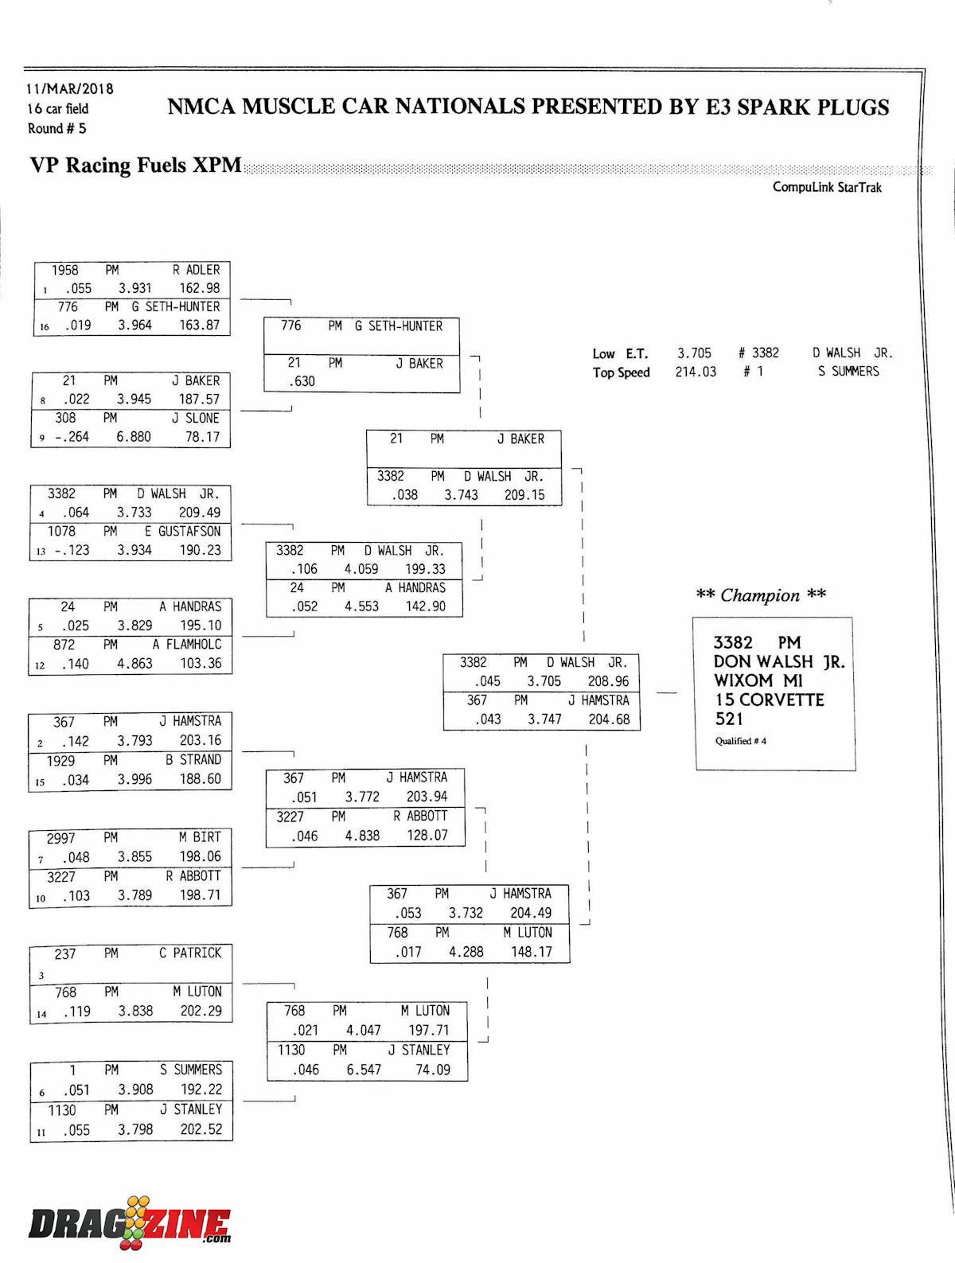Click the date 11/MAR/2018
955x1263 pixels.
[x=70, y=89]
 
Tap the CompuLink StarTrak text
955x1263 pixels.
[x=827, y=187]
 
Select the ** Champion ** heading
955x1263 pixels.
[x=761, y=595]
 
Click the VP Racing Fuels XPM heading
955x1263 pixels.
[x=135, y=166]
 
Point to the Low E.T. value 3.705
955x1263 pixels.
[x=694, y=353]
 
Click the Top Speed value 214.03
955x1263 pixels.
[x=696, y=372]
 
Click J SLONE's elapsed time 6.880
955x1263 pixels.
[x=134, y=436]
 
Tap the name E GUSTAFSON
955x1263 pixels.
[x=182, y=531]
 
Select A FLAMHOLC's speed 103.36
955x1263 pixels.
[x=201, y=663]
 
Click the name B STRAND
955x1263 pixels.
[x=193, y=760]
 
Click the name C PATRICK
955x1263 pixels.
[x=190, y=953]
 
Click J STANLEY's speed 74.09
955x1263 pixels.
[x=433, y=1070]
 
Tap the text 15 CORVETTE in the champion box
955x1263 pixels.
[x=769, y=700]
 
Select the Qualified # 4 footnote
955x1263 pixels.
[x=740, y=741]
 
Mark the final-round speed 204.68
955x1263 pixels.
[x=610, y=719]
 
